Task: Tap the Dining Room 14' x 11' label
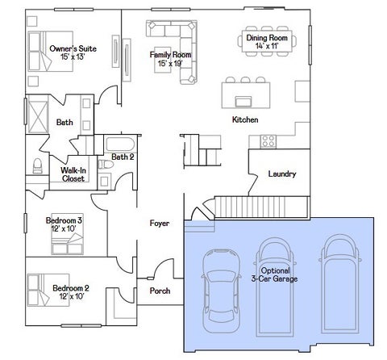(267, 42)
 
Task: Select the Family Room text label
(170, 55)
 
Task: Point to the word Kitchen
(245, 119)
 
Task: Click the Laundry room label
(282, 174)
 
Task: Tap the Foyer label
(160, 223)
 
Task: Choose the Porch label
(160, 291)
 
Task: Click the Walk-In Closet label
(73, 174)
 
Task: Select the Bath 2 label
(123, 157)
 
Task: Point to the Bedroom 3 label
(64, 220)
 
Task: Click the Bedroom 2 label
(71, 288)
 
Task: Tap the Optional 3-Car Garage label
(275, 274)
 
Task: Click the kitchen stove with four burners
(268, 141)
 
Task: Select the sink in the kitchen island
(243, 102)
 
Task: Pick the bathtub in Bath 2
(120, 144)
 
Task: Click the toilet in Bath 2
(106, 165)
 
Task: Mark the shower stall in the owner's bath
(38, 117)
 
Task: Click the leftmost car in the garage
(221, 291)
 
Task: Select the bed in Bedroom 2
(48, 290)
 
